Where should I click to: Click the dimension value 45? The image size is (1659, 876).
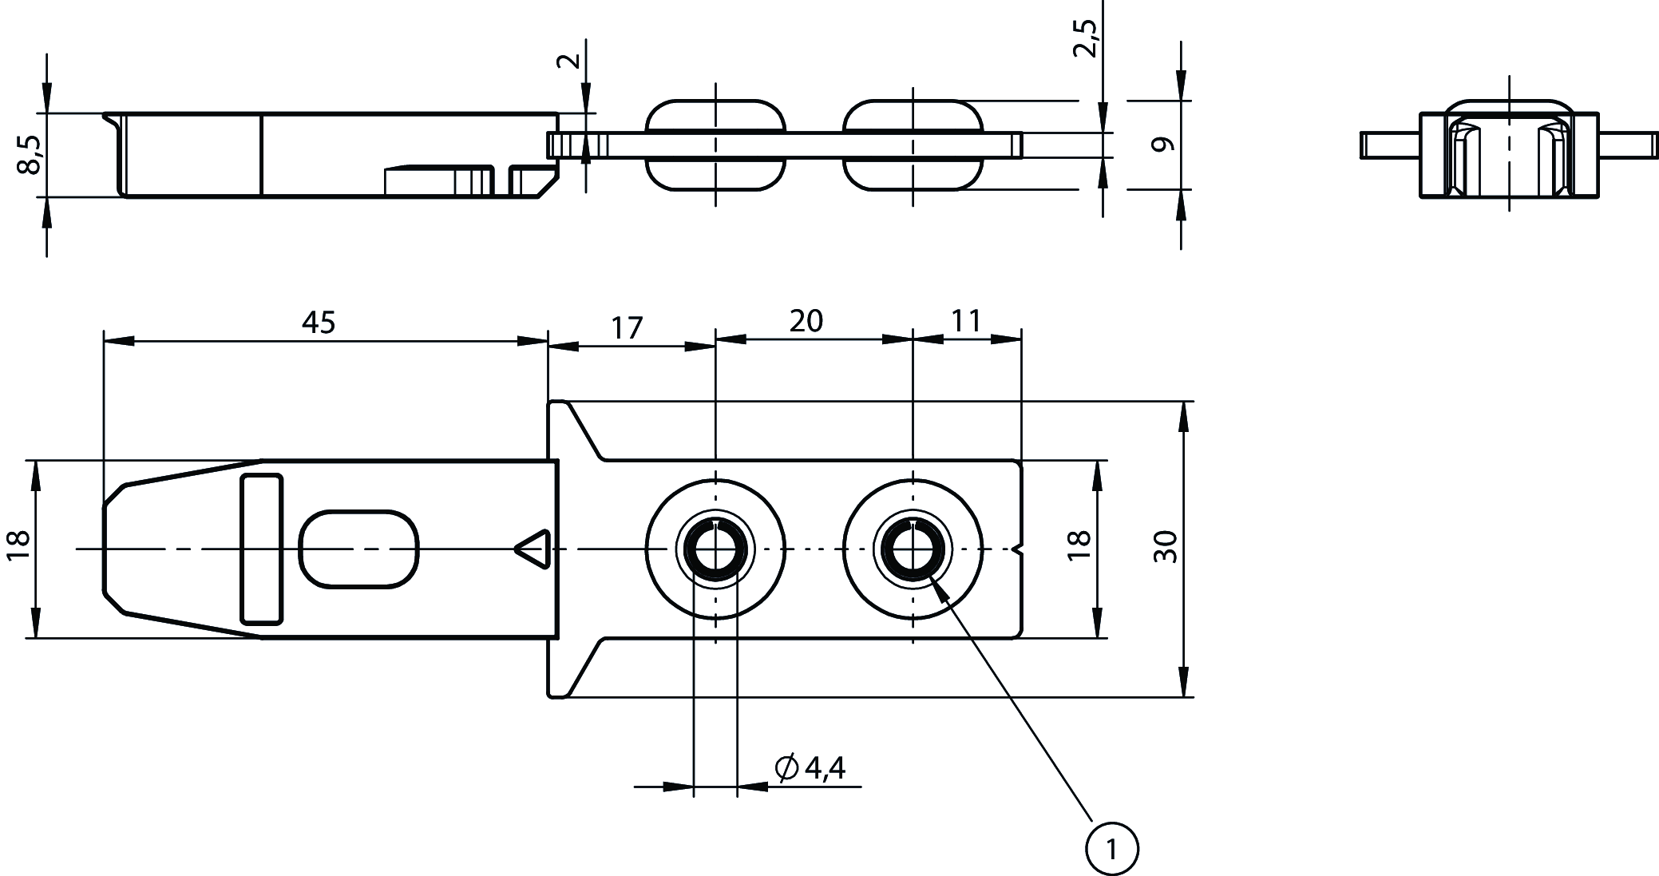(x=319, y=322)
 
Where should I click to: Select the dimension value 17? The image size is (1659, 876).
(x=628, y=328)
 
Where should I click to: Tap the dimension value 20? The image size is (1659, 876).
(x=806, y=321)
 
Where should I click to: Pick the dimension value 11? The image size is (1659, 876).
(x=966, y=321)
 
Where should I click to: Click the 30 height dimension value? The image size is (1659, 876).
(x=1166, y=547)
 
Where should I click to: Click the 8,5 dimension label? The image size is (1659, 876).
(x=30, y=153)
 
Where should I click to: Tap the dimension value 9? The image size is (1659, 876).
(x=1165, y=145)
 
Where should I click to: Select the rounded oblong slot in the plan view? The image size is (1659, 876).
(x=358, y=549)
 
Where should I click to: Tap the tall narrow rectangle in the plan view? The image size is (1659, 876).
(x=262, y=549)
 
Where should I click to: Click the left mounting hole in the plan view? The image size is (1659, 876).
(x=715, y=549)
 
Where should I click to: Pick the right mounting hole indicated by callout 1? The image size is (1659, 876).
(x=912, y=549)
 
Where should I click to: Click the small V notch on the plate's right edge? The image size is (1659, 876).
(x=1017, y=549)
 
